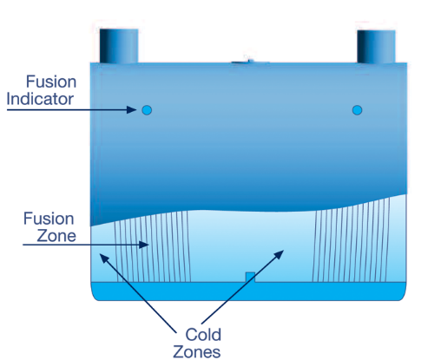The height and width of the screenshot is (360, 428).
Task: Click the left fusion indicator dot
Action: tap(147, 110)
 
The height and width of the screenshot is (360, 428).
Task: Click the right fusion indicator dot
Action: tap(357, 110)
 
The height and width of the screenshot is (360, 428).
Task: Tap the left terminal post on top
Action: tap(119, 46)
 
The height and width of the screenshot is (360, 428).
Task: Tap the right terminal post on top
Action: tap(376, 46)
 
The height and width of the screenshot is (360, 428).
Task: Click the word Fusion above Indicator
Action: tap(51, 82)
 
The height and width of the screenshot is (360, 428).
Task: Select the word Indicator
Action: tap(40, 99)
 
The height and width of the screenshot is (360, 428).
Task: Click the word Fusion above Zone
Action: tap(49, 219)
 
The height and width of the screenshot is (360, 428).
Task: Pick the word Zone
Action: tap(56, 236)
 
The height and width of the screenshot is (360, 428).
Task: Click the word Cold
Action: tap(203, 335)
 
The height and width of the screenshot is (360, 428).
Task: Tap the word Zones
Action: tap(197, 352)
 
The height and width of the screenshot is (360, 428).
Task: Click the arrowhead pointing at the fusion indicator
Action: tap(131, 110)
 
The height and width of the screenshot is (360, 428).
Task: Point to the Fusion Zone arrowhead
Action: tap(144, 245)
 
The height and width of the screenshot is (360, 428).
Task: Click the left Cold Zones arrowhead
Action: tap(104, 259)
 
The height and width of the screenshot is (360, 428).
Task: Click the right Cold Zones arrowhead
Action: tap(279, 255)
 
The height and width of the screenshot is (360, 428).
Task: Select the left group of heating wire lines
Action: tap(153, 246)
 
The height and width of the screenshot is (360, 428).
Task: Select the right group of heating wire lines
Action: tap(351, 239)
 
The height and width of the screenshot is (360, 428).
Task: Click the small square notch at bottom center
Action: tap(250, 277)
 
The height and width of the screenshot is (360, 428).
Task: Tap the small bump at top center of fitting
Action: tap(249, 62)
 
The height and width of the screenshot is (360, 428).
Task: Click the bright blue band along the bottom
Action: tap(249, 291)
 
